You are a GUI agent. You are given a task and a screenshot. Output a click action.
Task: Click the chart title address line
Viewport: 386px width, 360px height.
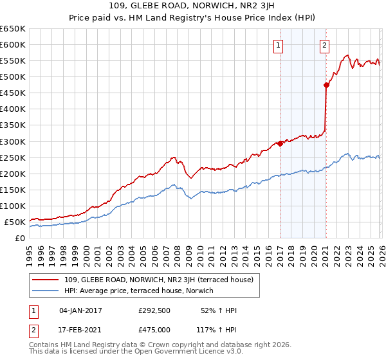click(192, 7)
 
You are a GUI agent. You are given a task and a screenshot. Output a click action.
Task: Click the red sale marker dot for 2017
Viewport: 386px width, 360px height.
click(280, 144)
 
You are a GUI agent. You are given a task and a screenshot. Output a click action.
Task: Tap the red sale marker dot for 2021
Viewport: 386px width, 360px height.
click(326, 84)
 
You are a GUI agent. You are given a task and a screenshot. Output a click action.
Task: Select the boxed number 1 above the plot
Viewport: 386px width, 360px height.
click(279, 45)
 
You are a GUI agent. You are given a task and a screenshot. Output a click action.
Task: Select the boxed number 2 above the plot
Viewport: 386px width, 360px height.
click(324, 45)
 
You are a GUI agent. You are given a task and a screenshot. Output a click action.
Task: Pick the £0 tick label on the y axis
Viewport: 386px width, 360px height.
click(19, 239)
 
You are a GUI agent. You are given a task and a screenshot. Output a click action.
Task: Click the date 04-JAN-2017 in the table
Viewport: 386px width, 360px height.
click(80, 310)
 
